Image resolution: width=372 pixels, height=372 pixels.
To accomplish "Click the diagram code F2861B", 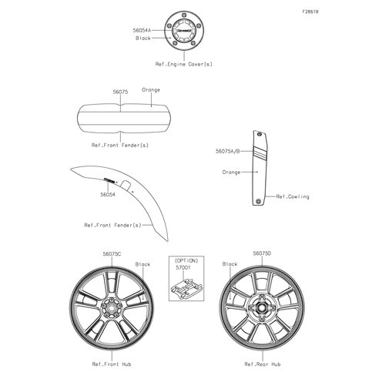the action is point(310,12).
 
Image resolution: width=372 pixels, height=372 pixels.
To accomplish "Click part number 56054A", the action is point(142,30).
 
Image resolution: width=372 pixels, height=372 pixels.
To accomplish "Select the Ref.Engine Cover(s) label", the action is point(184,64).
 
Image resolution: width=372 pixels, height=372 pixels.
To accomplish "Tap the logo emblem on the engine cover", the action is point(184,30).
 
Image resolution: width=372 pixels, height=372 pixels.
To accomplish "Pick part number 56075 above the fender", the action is point(120,92).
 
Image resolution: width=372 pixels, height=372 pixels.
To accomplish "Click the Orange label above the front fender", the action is point(151,90).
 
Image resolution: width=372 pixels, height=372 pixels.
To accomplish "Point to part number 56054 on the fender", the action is point(108,195).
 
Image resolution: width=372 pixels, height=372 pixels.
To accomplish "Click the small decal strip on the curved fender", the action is point(109,180).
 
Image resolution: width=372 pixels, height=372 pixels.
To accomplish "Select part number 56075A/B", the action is point(228,151).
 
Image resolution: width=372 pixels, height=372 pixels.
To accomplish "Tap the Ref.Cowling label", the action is point(293,196).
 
